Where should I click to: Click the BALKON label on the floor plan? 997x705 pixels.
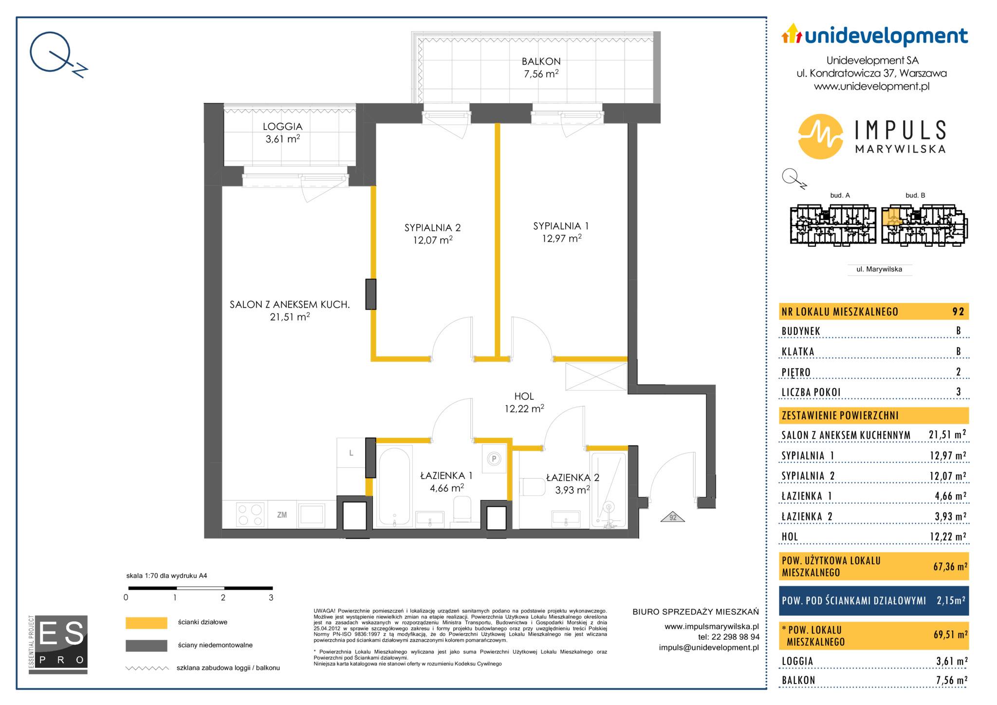click(541, 62)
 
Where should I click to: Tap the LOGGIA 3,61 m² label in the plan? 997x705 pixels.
click(282, 132)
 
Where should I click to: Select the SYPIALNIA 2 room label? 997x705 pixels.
click(432, 228)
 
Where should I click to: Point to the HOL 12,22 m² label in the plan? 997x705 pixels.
click(524, 403)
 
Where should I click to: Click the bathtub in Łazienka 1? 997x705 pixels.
click(394, 487)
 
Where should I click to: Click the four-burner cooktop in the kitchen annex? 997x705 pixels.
click(250, 515)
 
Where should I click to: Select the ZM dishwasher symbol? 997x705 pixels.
click(282, 515)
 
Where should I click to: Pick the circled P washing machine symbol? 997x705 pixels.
click(494, 458)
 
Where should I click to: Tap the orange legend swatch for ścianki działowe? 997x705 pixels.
click(146, 623)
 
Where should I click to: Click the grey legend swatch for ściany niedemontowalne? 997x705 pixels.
click(146, 646)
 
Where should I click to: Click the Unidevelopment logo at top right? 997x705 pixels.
click(874, 36)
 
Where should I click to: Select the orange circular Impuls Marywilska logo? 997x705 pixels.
click(820, 137)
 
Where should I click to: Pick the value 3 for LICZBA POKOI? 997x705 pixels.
click(959, 392)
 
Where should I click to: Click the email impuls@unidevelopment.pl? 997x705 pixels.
click(709, 648)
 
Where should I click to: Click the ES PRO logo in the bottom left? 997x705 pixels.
click(58, 644)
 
